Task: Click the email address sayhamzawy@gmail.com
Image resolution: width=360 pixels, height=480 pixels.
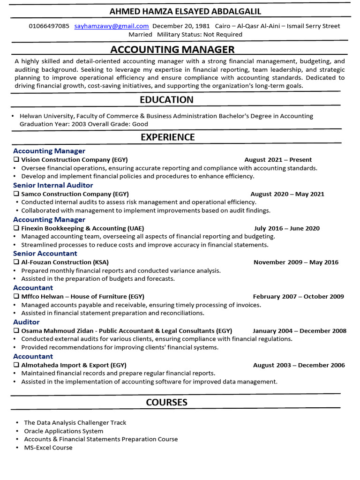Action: (x=112, y=26)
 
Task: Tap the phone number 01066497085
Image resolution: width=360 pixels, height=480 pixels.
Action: (x=49, y=26)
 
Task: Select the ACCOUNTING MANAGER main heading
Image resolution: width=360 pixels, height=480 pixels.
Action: (x=172, y=50)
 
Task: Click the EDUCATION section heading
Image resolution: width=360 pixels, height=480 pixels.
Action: (x=166, y=100)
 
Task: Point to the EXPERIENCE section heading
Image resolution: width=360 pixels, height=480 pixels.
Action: (x=168, y=137)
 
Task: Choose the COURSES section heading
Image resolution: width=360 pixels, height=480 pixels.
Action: (x=166, y=402)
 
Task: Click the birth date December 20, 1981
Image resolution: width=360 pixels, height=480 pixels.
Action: (x=181, y=26)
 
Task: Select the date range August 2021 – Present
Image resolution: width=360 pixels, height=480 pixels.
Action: (x=278, y=160)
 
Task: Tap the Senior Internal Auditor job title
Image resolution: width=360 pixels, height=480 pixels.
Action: (x=53, y=185)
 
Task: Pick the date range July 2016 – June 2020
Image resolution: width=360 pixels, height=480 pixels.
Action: (x=287, y=228)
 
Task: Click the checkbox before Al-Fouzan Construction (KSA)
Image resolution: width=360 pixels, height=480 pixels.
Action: (x=16, y=262)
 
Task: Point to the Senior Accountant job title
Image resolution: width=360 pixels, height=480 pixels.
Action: (x=45, y=254)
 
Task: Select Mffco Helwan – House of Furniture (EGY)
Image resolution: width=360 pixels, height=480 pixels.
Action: (x=82, y=297)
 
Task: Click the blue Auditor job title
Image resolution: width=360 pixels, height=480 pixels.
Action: (x=26, y=322)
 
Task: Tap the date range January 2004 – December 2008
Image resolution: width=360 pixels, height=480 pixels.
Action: (x=300, y=331)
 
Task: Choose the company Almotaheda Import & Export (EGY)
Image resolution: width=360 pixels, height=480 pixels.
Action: (x=74, y=365)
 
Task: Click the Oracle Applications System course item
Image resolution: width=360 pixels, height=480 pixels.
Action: (x=64, y=431)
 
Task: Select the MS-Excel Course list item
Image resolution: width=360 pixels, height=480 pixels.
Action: (x=48, y=448)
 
